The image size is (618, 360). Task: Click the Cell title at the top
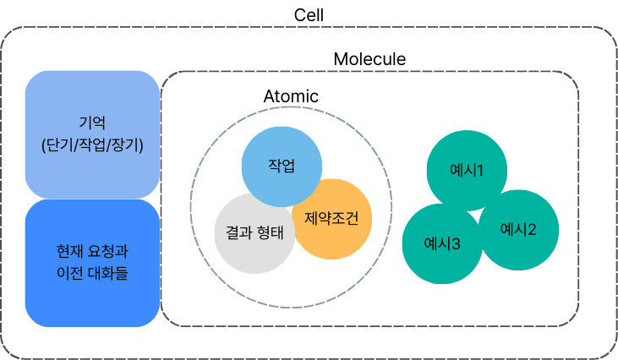tap(309, 14)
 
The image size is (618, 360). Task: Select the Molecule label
tap(369, 59)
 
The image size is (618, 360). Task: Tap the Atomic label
tap(291, 96)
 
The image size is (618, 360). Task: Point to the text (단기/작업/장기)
tap(92, 145)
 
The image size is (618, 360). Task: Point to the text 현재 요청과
tap(92, 252)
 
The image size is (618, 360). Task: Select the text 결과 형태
tap(254, 230)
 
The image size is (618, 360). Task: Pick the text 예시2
tap(518, 228)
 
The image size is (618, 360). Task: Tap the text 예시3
tap(442, 244)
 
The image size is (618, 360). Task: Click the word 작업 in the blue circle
tap(282, 165)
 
